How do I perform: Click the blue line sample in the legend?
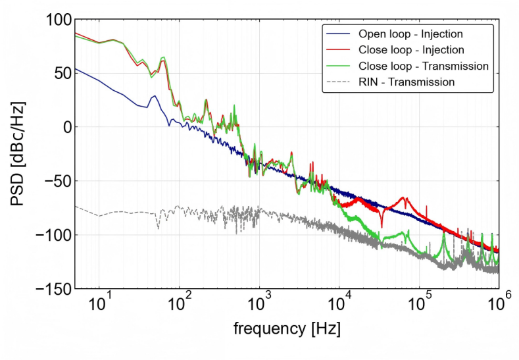coord(338,34)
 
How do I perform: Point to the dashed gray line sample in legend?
coord(338,82)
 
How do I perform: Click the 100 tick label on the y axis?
coord(59,20)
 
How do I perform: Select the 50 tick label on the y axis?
coord(63,74)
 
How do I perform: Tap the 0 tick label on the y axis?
coord(68,127)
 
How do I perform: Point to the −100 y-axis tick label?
coord(54,235)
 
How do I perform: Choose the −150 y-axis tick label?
coord(54,289)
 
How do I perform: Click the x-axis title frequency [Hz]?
coord(287,329)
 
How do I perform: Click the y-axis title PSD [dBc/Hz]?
coord(18,153)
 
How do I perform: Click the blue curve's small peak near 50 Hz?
coord(154,96)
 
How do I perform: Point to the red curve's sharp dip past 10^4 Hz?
coord(382,226)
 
